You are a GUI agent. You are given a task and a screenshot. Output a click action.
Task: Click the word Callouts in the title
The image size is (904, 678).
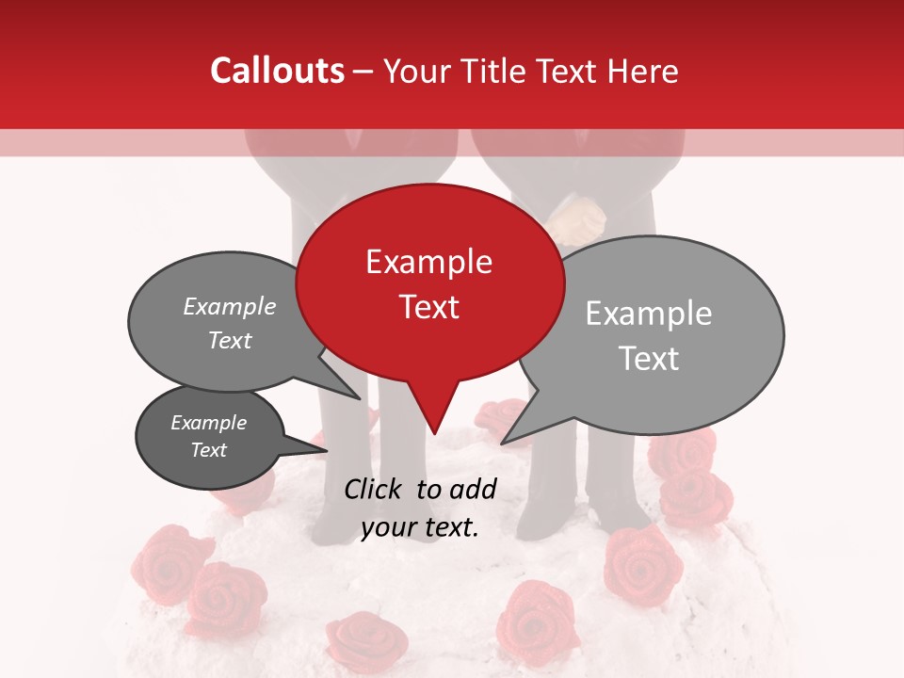pos(277,71)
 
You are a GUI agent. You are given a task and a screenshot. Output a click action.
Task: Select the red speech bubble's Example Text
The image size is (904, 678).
pos(429,283)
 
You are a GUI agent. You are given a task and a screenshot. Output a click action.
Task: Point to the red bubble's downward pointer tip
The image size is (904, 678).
pos(434,432)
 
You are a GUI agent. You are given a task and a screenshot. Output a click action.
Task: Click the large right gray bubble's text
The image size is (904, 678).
pos(649,335)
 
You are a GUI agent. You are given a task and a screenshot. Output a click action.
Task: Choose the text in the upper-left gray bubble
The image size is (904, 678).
pos(230,323)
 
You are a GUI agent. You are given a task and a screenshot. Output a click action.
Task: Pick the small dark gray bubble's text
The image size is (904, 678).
pos(209,436)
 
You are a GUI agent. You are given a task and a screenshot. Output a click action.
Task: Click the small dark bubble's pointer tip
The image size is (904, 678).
pos(326,449)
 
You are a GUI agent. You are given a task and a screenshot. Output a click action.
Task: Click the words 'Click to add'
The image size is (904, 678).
pos(420,489)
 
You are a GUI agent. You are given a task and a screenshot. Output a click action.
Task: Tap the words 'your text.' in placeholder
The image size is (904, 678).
pos(420,527)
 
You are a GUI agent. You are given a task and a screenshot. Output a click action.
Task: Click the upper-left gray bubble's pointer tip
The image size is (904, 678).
pos(360,397)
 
